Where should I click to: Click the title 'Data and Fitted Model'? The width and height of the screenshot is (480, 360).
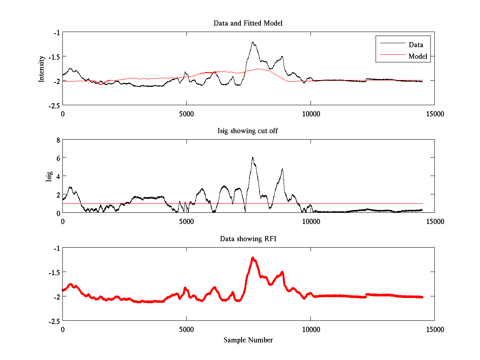[248, 23]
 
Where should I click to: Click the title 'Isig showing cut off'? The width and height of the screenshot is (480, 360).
[248, 131]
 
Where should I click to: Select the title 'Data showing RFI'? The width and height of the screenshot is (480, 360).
[248, 239]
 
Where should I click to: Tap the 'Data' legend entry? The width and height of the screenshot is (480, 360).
[416, 45]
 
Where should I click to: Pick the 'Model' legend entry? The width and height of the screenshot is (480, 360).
[418, 56]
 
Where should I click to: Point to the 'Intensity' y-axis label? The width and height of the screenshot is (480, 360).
[42, 69]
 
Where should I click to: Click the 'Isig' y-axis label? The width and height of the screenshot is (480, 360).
[49, 176]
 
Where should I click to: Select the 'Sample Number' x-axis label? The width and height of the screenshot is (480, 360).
[248, 340]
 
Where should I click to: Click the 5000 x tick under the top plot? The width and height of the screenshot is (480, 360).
[186, 114]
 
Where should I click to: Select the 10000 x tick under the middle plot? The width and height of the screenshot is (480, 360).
[311, 221]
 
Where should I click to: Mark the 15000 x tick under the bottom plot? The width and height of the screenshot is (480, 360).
[435, 329]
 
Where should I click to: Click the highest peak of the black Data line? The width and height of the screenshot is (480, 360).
[253, 42]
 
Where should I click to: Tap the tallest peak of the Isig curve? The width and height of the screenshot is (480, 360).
[252, 157]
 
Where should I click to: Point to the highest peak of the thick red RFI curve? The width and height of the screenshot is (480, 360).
[253, 258]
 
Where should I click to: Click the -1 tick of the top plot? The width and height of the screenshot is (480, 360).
[57, 32]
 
